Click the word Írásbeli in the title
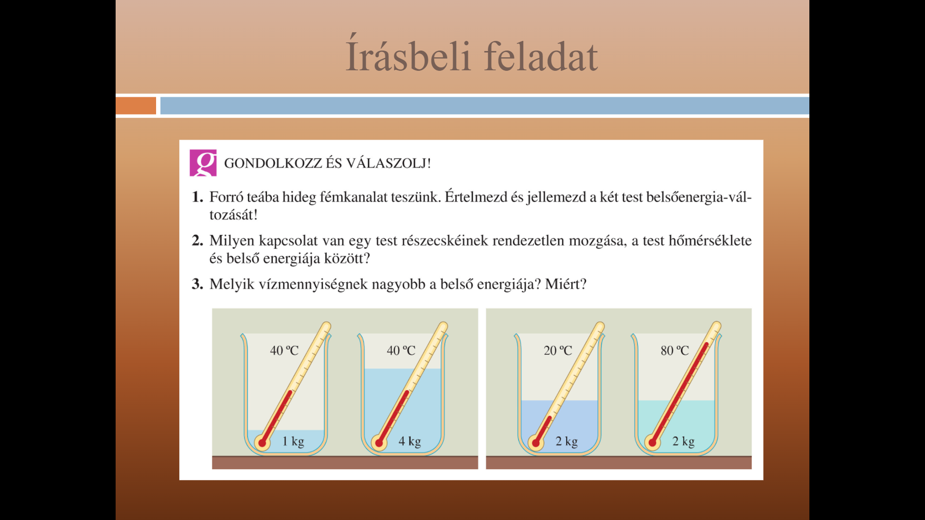coord(408,54)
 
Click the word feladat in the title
coord(541,56)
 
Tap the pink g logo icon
coord(203,163)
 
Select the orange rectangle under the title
coord(136,105)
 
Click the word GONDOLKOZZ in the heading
coord(273,163)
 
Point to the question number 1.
coord(197,196)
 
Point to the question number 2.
coord(197,240)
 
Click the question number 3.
coord(197,284)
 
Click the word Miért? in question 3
coord(566,284)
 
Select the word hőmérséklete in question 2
coord(710,240)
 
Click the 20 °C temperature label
coord(558,351)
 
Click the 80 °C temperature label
coord(674,351)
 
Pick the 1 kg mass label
coord(293,442)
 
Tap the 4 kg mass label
coord(410,442)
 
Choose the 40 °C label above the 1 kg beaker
coord(284,351)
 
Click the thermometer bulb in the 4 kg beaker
coord(379,442)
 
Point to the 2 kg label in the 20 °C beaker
coord(567,442)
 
